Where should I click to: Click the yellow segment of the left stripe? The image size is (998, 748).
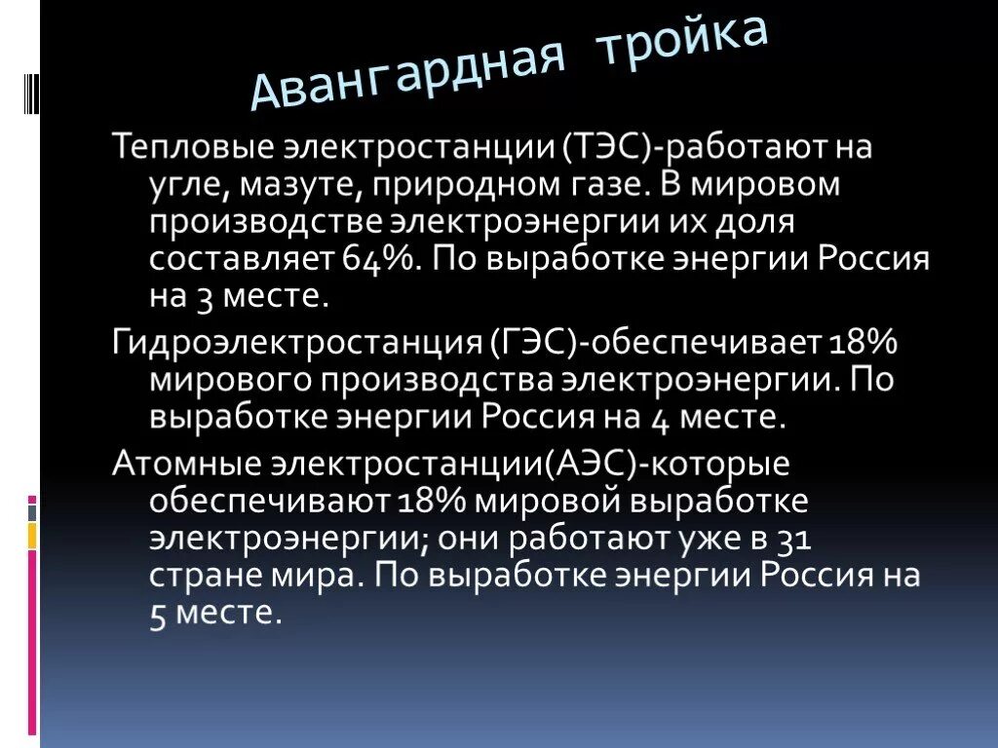[32, 536]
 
